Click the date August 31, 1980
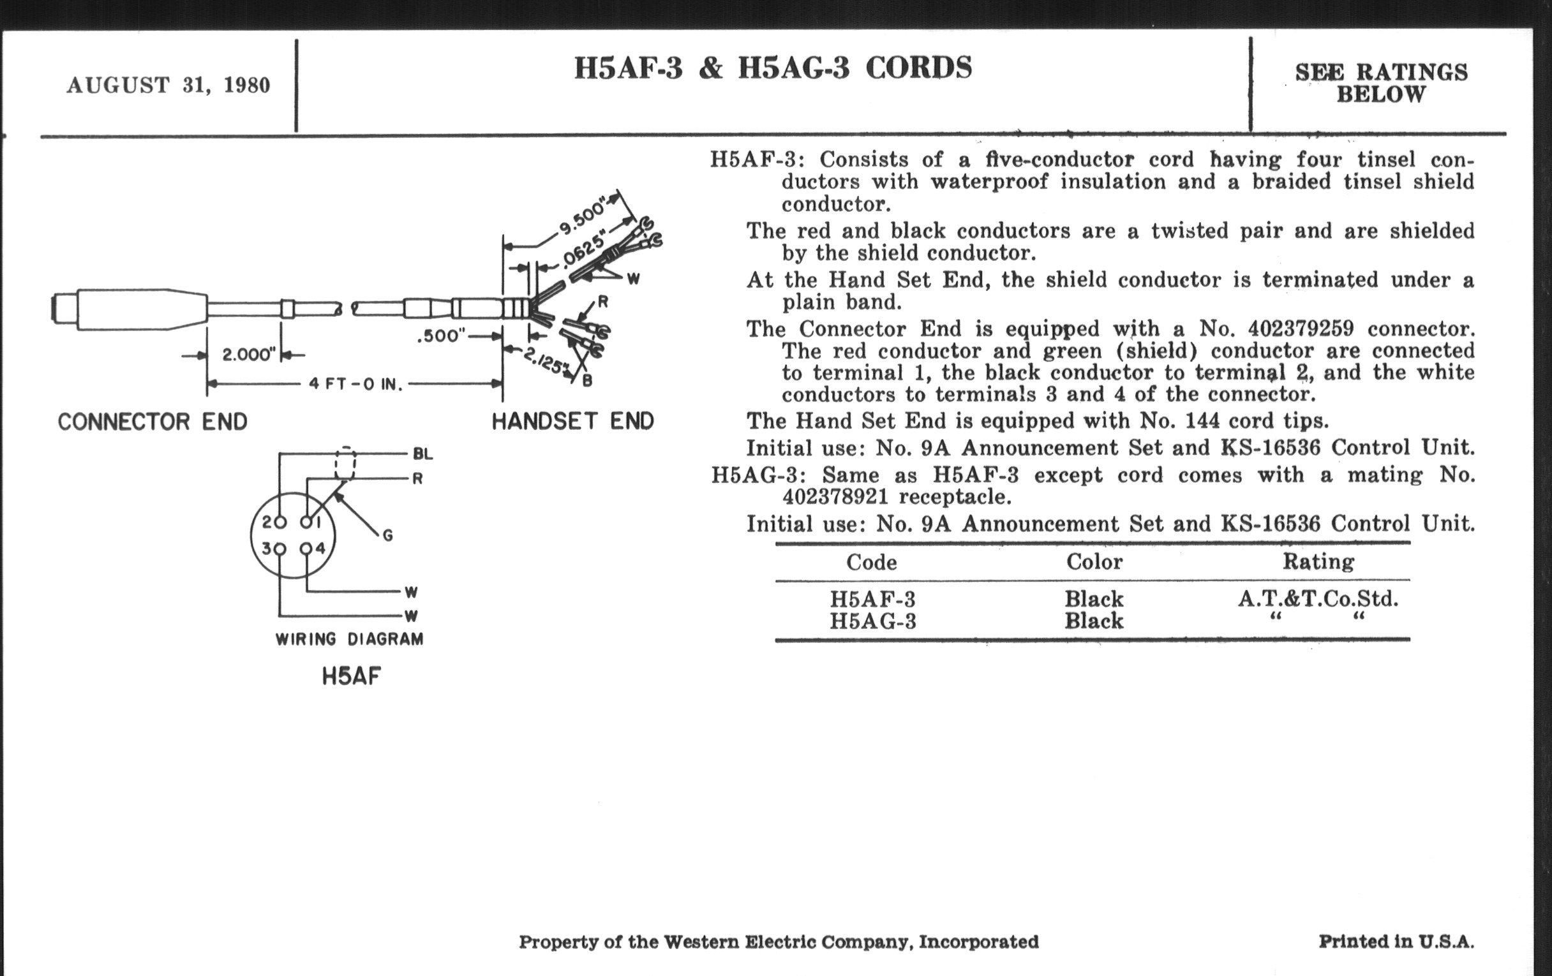coord(168,85)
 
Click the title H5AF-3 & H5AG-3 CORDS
coord(773,68)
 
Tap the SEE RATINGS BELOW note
coord(1381,83)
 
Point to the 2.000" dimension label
coord(249,354)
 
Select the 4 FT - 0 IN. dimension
coord(355,385)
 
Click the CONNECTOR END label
coord(153,422)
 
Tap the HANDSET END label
coord(573,421)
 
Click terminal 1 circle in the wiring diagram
coord(306,522)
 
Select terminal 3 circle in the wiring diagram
coord(279,549)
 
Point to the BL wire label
coord(423,454)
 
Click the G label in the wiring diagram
coord(387,535)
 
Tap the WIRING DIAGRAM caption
coord(349,639)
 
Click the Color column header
coord(1094,562)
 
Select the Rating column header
coord(1318,562)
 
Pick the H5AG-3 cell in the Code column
coord(872,622)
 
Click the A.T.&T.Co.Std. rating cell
coord(1318,599)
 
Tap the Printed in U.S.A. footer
coord(1396,942)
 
